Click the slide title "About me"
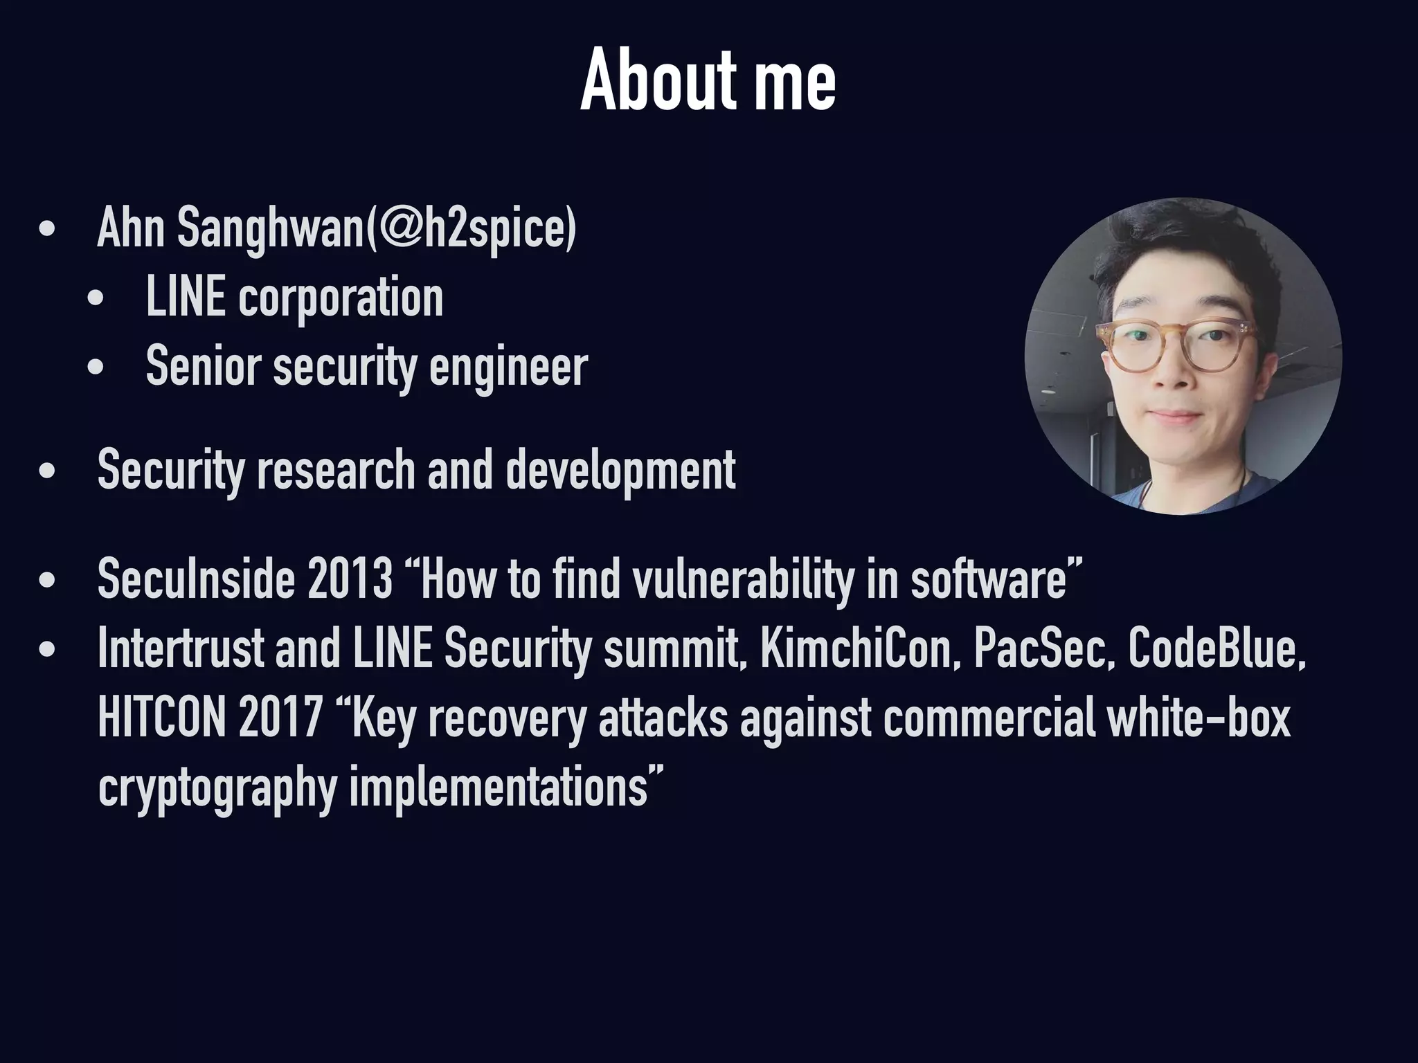pos(708,82)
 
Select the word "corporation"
pos(341,299)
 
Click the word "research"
pos(336,471)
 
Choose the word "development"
pos(620,471)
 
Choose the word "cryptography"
pos(217,789)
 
